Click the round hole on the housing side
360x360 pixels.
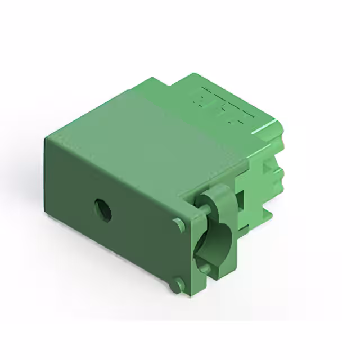(x=103, y=210)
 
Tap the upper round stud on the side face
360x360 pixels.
(x=179, y=225)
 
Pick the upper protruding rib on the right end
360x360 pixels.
(x=277, y=143)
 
